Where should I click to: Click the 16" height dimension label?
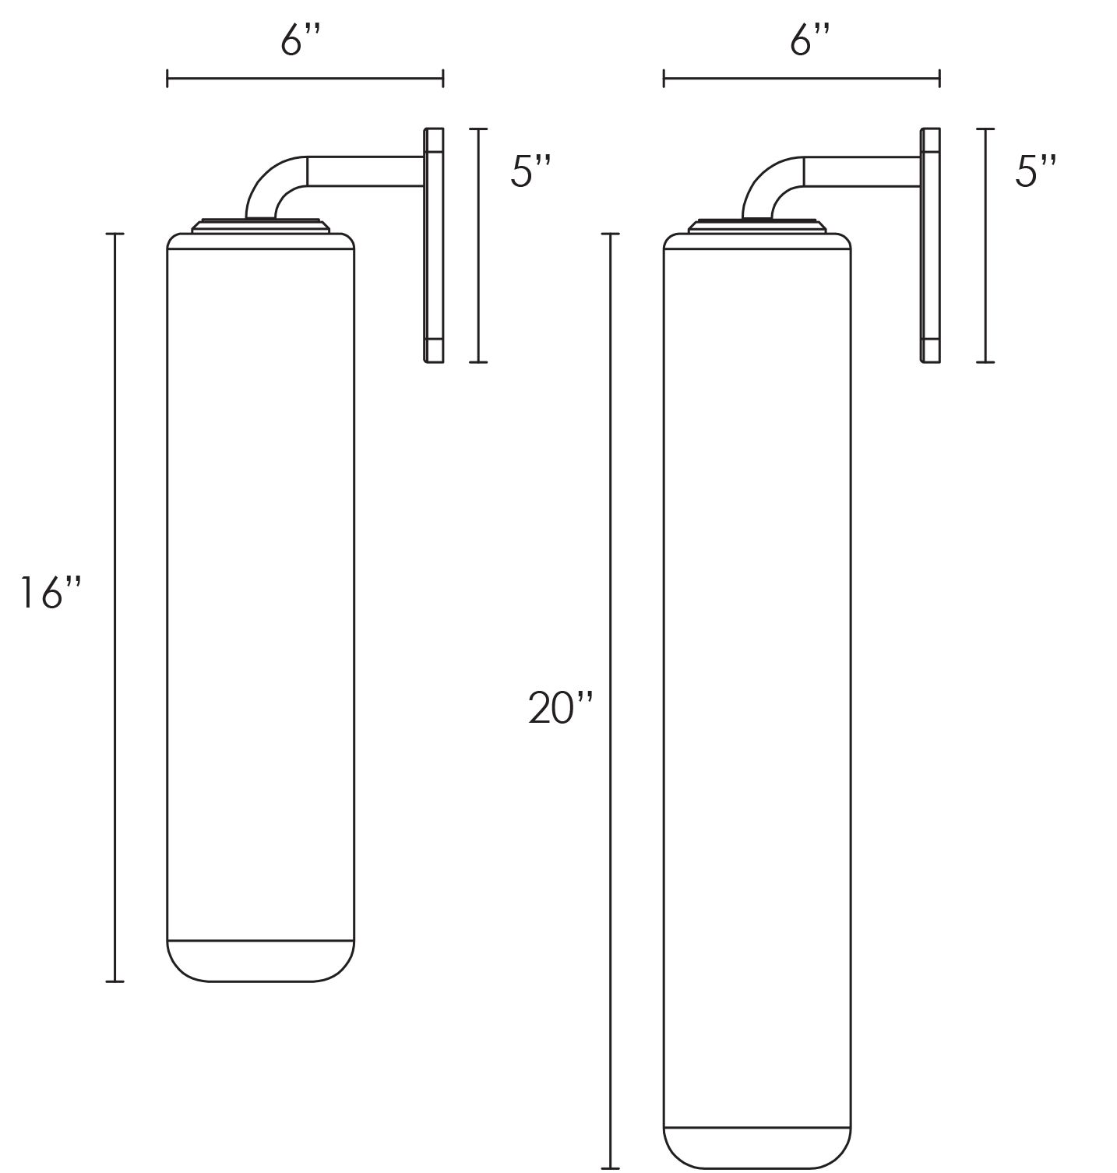pos(51,594)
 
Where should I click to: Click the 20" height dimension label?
pos(561,709)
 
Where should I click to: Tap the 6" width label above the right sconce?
pos(811,41)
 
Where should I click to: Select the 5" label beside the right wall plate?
pos(1036,171)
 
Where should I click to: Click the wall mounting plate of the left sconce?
pos(434,245)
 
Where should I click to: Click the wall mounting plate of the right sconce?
pos(930,245)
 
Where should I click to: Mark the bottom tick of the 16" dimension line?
pos(115,981)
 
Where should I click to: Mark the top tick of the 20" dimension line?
pos(611,234)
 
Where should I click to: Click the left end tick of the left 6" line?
pos(167,78)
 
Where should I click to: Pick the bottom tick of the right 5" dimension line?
pos(985,361)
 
